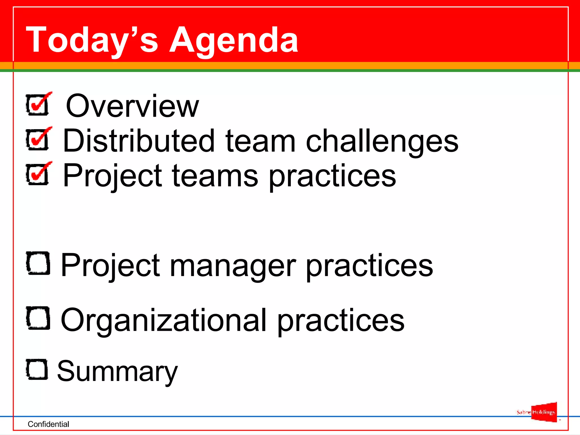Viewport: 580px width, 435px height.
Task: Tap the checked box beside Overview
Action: [38, 105]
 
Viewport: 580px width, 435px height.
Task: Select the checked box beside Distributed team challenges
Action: [38, 140]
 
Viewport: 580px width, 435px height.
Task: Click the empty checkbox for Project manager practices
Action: [38, 263]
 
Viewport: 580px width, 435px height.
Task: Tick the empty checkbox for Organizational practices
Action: [38, 318]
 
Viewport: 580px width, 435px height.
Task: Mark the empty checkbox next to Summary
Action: [37, 369]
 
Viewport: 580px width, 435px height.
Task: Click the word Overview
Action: [132, 106]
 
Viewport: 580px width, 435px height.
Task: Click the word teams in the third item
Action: [215, 176]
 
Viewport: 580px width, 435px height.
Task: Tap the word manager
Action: [233, 265]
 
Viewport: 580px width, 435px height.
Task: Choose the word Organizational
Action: [163, 320]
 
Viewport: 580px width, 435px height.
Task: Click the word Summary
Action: [117, 371]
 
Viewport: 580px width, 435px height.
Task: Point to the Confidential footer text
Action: [48, 424]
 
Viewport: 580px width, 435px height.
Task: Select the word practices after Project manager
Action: [369, 265]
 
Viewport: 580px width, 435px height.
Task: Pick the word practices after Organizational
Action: [341, 320]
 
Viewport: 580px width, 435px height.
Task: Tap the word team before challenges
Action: [261, 141]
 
